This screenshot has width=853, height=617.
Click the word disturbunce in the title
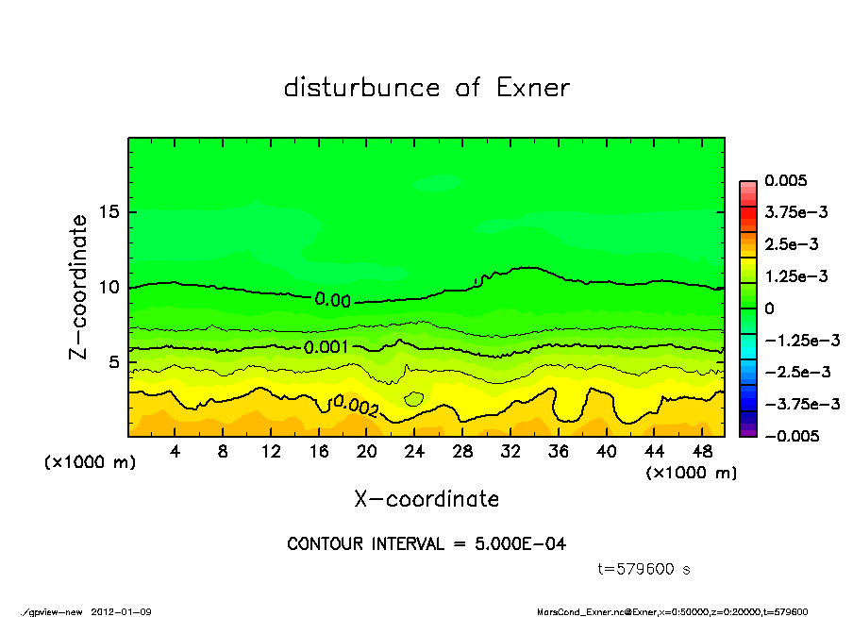[x=362, y=89]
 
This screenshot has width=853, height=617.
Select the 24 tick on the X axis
[x=414, y=452]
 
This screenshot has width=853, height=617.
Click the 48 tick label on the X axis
[x=702, y=452]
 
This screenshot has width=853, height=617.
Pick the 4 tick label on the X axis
[x=176, y=452]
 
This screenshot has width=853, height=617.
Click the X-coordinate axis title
[x=426, y=498]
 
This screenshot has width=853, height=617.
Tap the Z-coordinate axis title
[x=79, y=287]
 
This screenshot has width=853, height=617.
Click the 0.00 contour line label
[x=332, y=300]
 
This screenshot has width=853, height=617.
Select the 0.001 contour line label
[x=326, y=347]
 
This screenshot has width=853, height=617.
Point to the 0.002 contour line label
[x=355, y=407]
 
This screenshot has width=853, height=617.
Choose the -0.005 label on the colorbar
[x=793, y=436]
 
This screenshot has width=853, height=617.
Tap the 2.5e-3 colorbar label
[x=793, y=244]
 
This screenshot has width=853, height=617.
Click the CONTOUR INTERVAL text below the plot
[x=426, y=544]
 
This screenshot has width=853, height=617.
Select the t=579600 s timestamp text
[x=645, y=569]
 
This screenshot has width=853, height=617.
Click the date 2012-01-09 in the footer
[x=122, y=612]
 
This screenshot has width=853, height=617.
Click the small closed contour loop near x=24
[x=414, y=399]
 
